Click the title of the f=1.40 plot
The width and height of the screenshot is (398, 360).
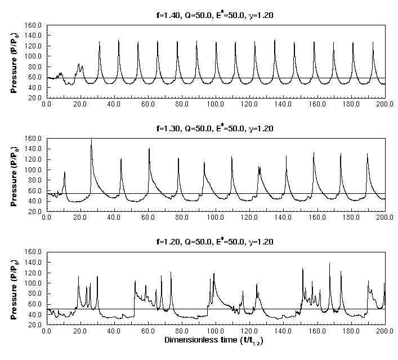pos(216,14)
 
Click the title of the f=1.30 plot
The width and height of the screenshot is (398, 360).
pos(216,128)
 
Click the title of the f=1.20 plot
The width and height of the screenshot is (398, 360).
pos(216,242)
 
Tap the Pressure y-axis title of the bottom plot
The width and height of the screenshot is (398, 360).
pos(16,288)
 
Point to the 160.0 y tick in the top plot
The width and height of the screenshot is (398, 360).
pos(35,25)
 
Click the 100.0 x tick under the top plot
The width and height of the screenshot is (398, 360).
pos(216,104)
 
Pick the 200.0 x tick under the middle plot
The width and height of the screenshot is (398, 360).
pos(385,218)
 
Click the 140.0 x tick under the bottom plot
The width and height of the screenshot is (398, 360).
pos(283,332)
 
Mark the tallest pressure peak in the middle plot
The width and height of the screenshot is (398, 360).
pos(91,140)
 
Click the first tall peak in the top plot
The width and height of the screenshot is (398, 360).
pos(100,42)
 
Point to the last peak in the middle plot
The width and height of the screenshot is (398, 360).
pos(367,154)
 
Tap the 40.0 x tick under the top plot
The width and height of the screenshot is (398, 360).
pos(114,104)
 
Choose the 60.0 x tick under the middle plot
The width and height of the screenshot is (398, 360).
pos(148,218)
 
